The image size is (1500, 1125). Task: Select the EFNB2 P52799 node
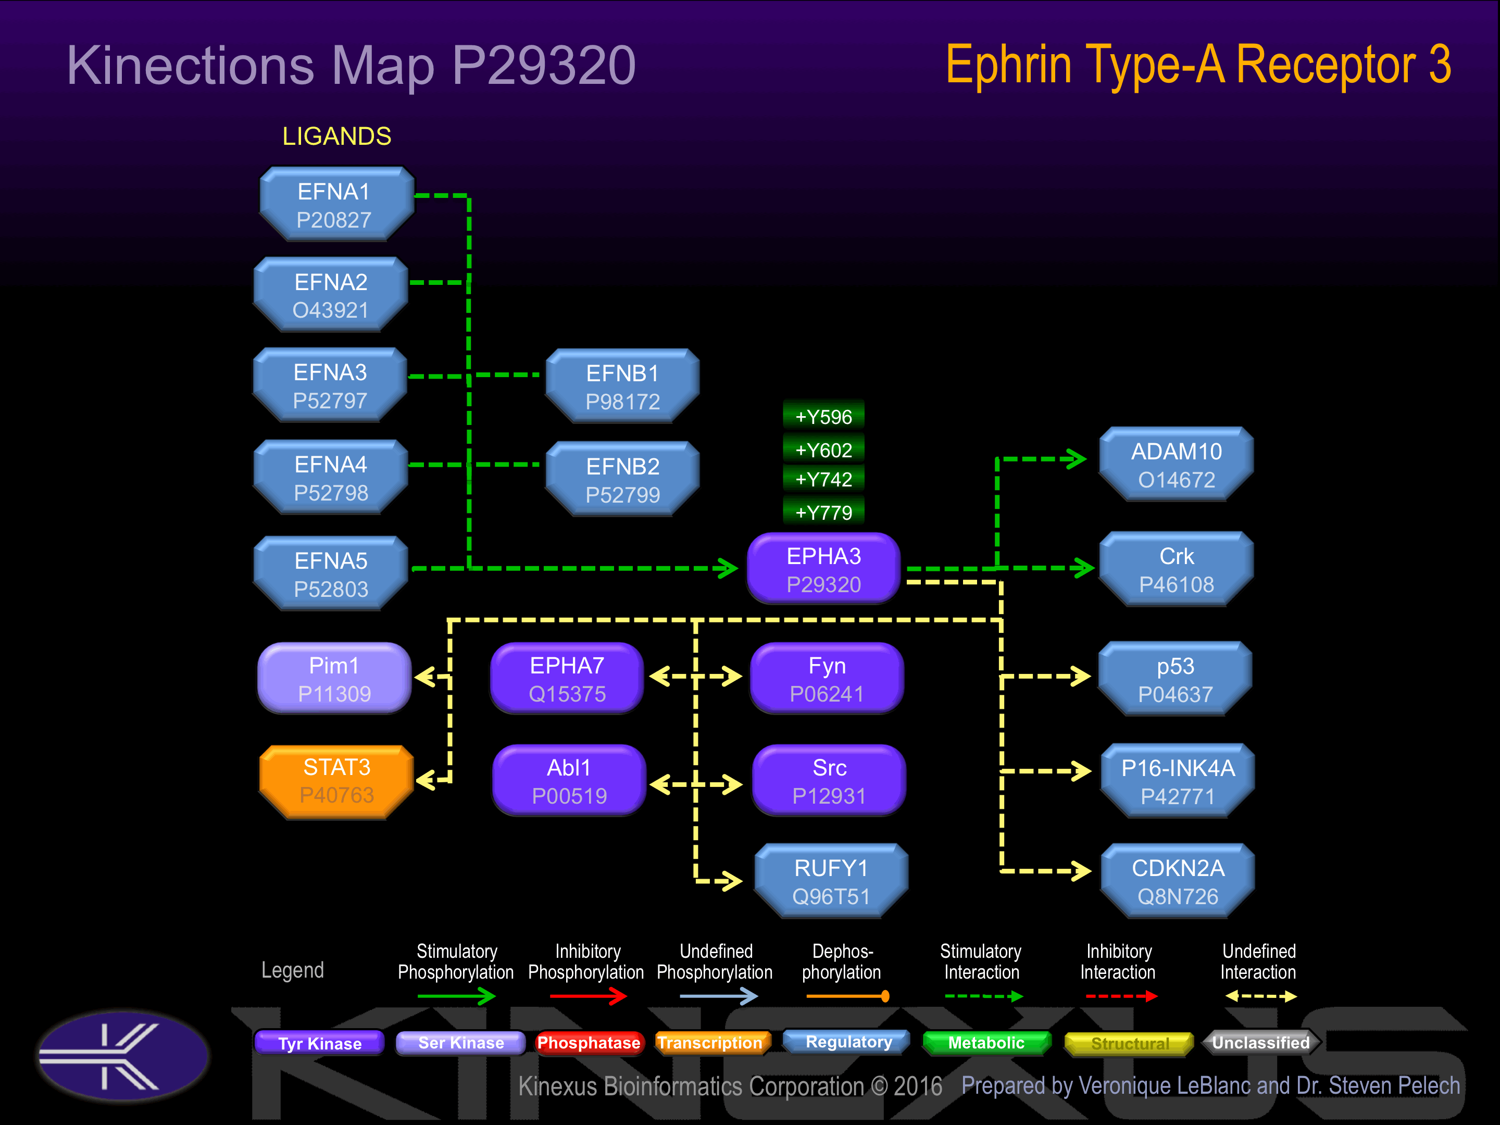622,480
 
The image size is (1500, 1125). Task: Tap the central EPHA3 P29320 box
823,570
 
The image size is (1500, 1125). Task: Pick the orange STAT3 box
336,781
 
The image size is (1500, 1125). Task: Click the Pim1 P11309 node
334,679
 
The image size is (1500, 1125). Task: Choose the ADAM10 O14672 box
1176,465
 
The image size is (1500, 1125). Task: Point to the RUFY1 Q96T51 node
831,882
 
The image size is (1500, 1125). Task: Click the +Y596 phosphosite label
823,416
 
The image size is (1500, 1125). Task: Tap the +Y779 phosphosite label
823,512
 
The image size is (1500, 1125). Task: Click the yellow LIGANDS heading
336,136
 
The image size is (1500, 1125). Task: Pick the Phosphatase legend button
588,1042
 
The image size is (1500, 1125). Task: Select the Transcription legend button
710,1042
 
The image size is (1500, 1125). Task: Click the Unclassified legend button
1260,1042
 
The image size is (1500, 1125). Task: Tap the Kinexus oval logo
123,1056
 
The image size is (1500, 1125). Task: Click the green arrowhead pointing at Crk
1082,568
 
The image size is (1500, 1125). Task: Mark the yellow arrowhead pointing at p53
1080,676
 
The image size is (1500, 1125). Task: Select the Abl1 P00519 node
569,781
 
